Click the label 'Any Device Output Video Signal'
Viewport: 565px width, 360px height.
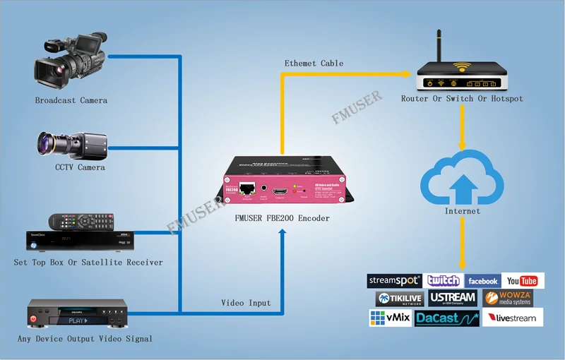85,339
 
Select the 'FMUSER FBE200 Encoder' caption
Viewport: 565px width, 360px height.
282,219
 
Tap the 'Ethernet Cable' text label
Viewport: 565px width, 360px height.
314,64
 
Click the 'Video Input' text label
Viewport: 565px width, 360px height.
246,303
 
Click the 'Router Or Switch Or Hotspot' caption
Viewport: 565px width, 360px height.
462,99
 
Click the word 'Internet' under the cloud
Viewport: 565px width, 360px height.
463,211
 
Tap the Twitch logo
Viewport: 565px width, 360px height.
444,281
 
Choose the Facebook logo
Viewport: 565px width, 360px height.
482,281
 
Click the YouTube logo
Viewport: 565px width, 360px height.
522,281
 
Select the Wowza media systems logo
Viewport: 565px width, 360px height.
508,299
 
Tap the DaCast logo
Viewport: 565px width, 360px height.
446,318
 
